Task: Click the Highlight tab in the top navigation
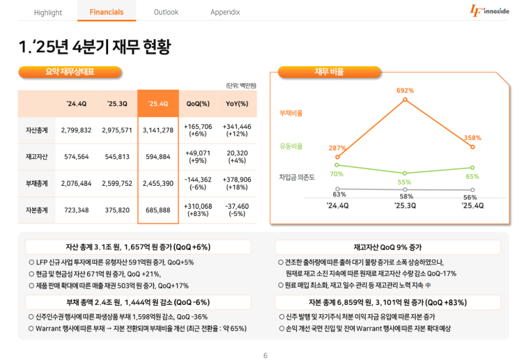click(x=48, y=12)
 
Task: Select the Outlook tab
click(x=166, y=12)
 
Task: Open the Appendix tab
click(x=225, y=12)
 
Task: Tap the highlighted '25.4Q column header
click(x=158, y=103)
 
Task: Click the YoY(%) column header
click(x=236, y=103)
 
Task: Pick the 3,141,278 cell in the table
click(x=158, y=130)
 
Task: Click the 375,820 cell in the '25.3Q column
click(x=117, y=210)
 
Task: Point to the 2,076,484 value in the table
click(x=76, y=184)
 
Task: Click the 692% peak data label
click(x=405, y=90)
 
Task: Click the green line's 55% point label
click(x=404, y=182)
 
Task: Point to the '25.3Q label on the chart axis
click(x=405, y=206)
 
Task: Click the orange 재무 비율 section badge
click(x=329, y=72)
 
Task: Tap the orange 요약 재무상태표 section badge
click(x=70, y=72)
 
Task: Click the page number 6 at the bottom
click(x=265, y=355)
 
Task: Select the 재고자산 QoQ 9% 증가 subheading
click(x=388, y=247)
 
